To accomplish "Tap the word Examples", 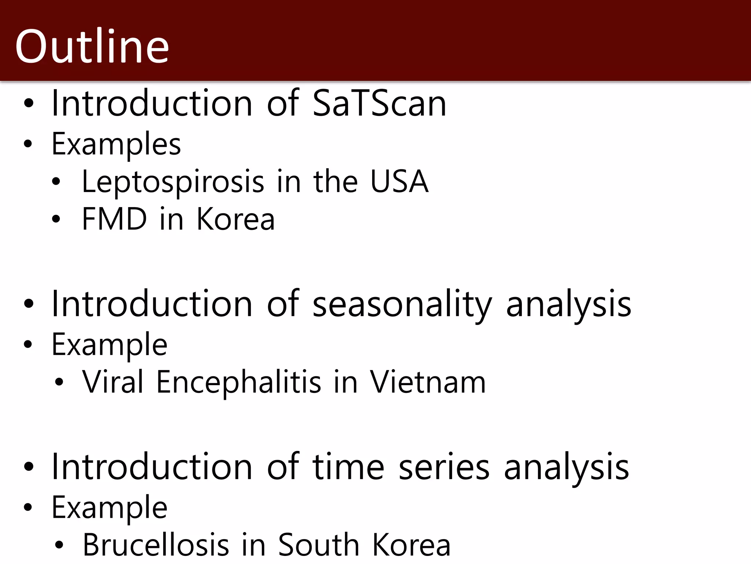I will [116, 144].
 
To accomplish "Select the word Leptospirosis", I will [173, 181].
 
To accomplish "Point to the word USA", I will [399, 181].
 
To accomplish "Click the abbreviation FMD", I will [114, 219].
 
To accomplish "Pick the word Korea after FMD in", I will [235, 219].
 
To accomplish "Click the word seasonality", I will [402, 304].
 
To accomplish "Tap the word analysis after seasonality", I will [568, 304].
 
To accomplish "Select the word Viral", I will [113, 382].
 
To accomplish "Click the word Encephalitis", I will [239, 382].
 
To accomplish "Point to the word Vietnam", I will [428, 382].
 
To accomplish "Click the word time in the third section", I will [348, 467].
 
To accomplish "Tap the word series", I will [444, 467].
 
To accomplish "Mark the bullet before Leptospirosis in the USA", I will [56, 181].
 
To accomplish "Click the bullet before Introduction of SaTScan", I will [28, 104].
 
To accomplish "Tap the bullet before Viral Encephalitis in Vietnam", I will [59, 383].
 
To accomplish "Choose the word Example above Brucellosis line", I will [109, 507].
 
